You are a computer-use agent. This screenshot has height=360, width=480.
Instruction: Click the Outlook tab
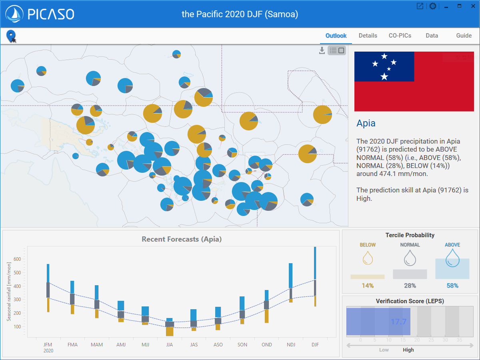(336, 36)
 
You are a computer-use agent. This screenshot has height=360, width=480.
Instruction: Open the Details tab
(368, 36)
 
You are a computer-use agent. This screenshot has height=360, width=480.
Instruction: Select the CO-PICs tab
(400, 36)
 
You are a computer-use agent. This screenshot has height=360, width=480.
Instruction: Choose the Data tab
(432, 36)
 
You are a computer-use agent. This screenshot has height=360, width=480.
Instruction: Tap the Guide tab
(464, 36)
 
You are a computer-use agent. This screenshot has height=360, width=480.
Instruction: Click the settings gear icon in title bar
(432, 6)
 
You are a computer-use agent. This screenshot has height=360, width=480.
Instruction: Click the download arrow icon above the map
(322, 50)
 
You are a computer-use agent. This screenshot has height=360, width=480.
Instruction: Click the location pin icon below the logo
(11, 36)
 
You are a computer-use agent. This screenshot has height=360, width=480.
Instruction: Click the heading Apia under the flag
(366, 123)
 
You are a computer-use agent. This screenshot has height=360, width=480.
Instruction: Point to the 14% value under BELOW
(368, 286)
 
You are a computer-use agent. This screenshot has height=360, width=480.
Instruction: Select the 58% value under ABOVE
(452, 286)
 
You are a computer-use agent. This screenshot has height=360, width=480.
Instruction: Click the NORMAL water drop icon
(410, 258)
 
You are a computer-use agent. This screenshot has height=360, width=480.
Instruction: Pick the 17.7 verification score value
(398, 322)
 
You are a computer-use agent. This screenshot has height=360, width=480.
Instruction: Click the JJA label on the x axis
(170, 345)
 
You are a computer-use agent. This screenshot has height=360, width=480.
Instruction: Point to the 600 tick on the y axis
(17, 259)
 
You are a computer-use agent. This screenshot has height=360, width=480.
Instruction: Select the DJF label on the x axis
(315, 345)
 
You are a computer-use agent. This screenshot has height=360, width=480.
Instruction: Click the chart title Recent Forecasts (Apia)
(182, 239)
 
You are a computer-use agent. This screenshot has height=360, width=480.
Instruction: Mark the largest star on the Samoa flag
(384, 76)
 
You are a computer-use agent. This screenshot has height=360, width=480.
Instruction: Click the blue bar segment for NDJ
(291, 275)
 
